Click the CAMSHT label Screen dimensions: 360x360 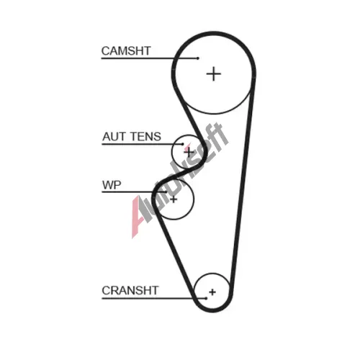(126, 51)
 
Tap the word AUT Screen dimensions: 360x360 (112, 137)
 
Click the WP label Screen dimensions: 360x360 (112, 185)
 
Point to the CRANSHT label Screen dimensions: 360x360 (130, 290)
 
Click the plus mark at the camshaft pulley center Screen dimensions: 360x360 (214, 74)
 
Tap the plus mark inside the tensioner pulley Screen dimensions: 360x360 (189, 152)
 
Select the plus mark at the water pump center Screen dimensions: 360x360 (174, 199)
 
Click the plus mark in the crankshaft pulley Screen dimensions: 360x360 (212, 292)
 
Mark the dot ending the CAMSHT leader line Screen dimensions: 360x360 (198, 58)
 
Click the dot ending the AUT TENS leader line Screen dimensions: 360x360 (183, 144)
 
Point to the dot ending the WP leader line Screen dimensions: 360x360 (166, 192)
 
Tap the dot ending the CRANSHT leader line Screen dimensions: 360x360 (206, 298)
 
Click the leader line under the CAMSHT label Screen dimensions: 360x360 (150, 58)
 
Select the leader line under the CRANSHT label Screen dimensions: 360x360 (154, 299)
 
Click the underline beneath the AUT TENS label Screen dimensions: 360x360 (143, 144)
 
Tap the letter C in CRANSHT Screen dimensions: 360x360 (107, 290)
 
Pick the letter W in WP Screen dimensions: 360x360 (108, 185)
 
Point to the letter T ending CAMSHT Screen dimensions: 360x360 (147, 51)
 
